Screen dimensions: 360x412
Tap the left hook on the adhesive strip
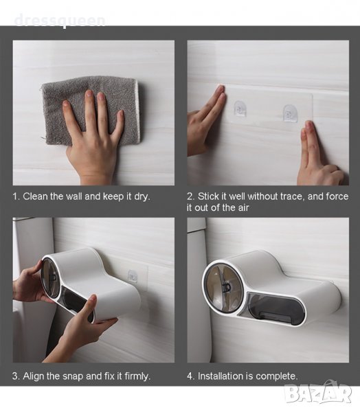[x=240, y=108]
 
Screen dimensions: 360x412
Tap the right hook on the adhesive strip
[x=290, y=113]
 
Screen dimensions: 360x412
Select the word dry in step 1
[x=142, y=197]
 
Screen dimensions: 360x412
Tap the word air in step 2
[x=243, y=207]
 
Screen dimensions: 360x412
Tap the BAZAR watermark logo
[x=319, y=393]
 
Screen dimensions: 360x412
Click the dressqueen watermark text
[x=60, y=21]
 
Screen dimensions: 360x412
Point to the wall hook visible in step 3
[x=133, y=277]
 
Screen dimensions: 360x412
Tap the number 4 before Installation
[x=190, y=376]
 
